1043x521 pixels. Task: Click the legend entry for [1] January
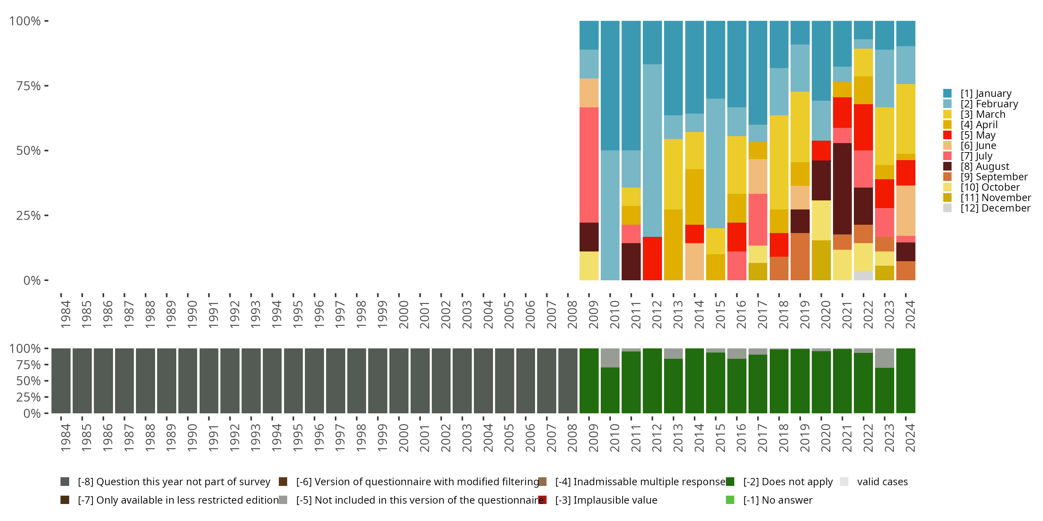click(x=986, y=93)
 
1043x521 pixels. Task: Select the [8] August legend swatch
click(x=947, y=166)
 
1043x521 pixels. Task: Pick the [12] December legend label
click(x=995, y=208)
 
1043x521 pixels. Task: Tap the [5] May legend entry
click(x=977, y=135)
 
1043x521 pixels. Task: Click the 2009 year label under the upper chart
click(x=593, y=315)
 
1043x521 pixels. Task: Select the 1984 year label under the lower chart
click(x=65, y=438)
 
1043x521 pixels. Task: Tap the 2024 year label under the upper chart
click(x=910, y=315)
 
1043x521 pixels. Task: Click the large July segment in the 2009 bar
click(x=589, y=165)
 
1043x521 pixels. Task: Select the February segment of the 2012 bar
click(x=652, y=150)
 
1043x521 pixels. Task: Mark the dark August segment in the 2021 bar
click(x=842, y=189)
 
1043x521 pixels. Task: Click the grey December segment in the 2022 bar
click(x=863, y=275)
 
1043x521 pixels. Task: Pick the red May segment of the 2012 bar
click(x=652, y=258)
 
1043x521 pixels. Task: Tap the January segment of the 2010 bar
click(x=610, y=86)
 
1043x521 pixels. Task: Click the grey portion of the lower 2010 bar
click(x=610, y=358)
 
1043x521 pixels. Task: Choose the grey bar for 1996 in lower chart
click(x=315, y=381)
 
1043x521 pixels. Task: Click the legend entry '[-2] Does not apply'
click(x=787, y=482)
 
